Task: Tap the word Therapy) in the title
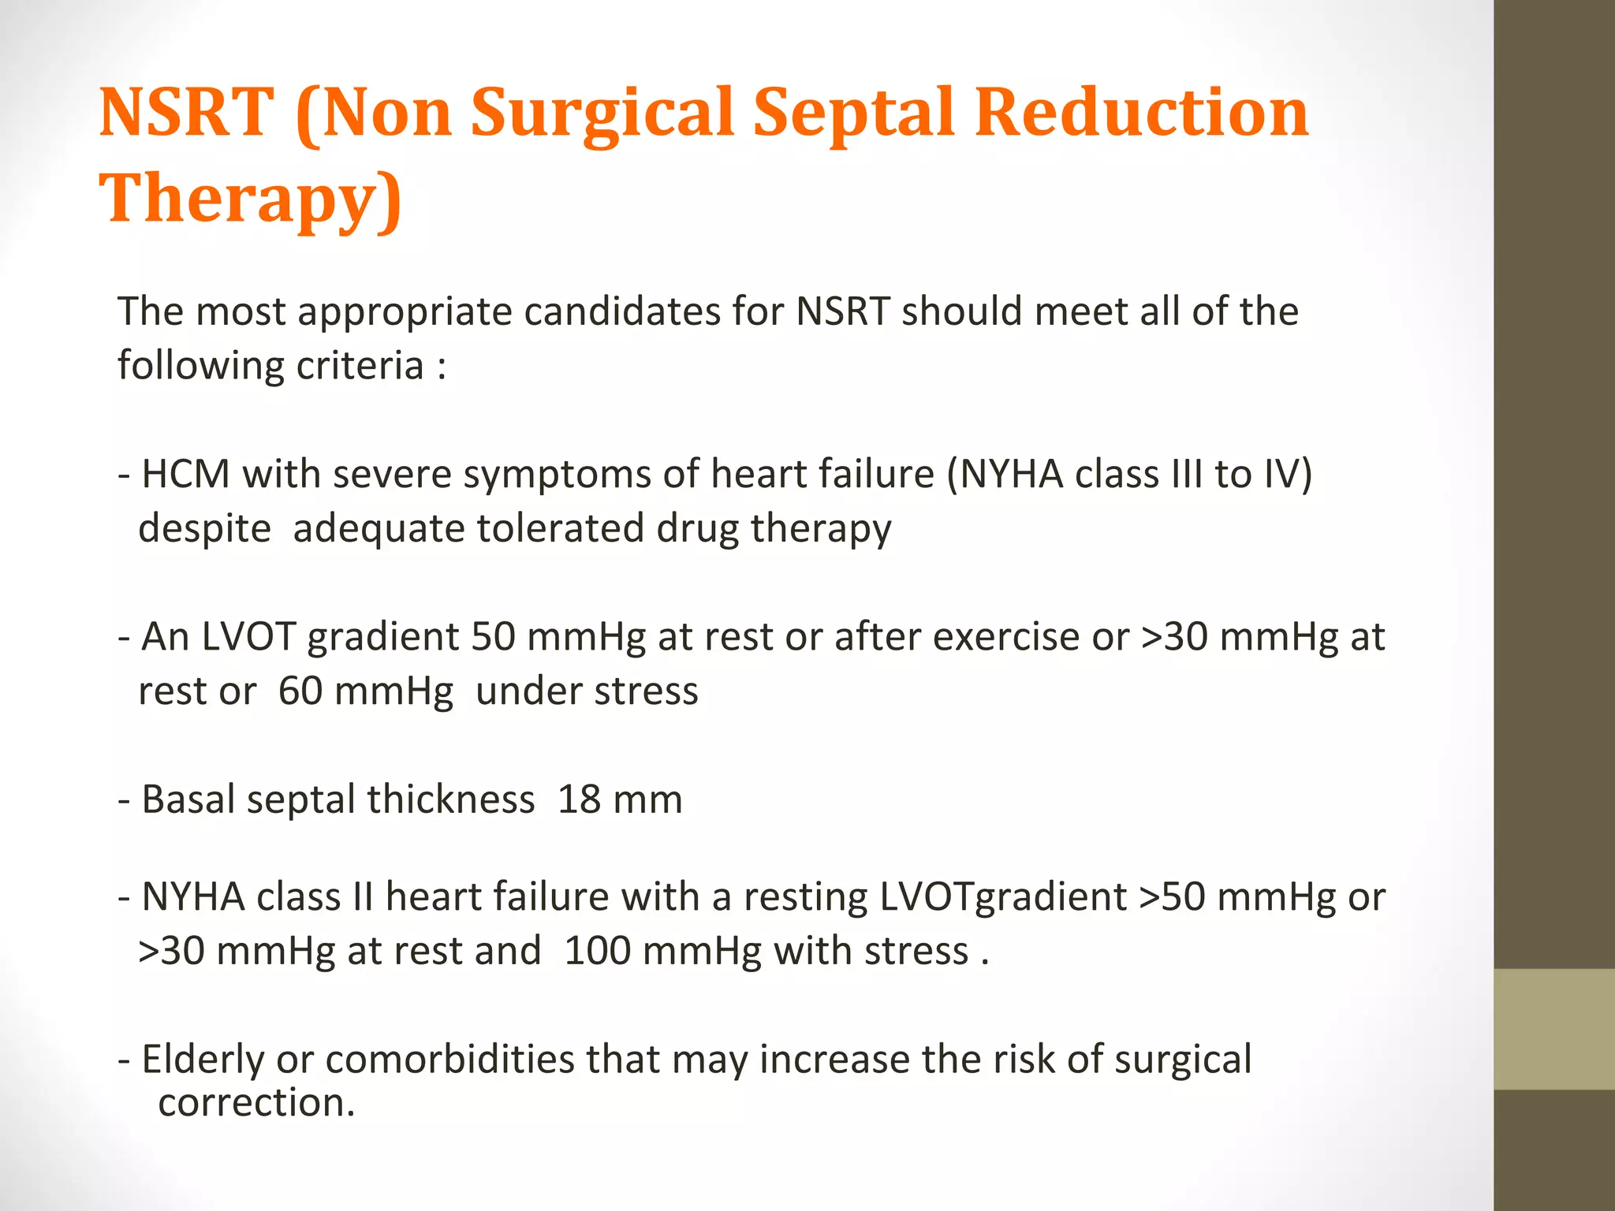click(x=251, y=199)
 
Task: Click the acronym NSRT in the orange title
click(x=186, y=113)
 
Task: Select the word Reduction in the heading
click(x=1141, y=113)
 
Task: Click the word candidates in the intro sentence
click(x=621, y=311)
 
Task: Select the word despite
click(x=204, y=528)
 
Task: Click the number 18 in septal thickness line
click(x=579, y=799)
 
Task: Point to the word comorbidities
click(x=449, y=1059)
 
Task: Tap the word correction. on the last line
click(x=256, y=1102)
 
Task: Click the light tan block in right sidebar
click(x=1553, y=1029)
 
